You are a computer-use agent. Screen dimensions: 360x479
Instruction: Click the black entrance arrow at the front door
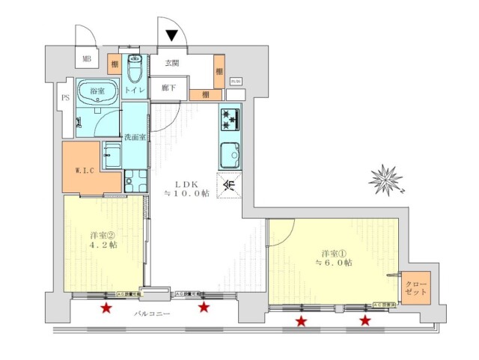click(171, 34)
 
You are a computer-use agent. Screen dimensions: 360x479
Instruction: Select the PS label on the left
click(64, 97)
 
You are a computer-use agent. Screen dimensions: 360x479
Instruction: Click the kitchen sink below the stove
click(229, 155)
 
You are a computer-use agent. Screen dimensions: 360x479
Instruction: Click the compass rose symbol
click(386, 180)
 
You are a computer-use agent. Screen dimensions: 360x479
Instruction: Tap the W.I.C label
click(85, 170)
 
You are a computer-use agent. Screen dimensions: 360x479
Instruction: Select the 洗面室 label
click(135, 137)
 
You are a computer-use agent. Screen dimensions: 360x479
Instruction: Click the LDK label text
click(186, 183)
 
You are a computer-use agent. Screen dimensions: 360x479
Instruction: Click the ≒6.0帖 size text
click(334, 262)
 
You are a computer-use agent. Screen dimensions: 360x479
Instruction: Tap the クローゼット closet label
click(415, 287)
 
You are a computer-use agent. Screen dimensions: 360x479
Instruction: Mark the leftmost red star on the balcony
click(106, 308)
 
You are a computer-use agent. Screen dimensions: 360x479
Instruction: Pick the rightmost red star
click(365, 321)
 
